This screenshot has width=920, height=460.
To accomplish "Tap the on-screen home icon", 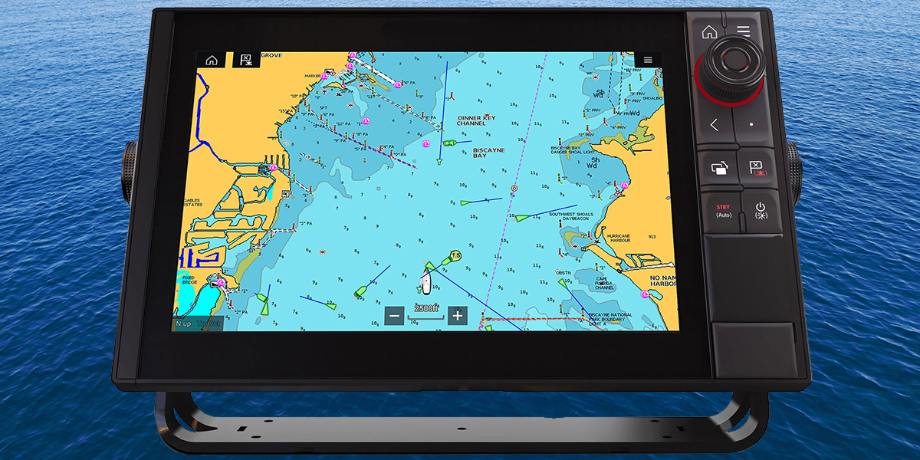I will (211, 60).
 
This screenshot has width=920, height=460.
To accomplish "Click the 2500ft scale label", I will (426, 308).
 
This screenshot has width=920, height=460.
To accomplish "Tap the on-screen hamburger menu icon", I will (648, 60).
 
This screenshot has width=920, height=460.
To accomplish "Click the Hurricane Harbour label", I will (619, 238).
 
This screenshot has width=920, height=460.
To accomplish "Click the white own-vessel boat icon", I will (426, 284).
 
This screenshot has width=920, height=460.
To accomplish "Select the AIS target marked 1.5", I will (455, 255).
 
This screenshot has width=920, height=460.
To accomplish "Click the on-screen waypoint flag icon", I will (246, 60).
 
